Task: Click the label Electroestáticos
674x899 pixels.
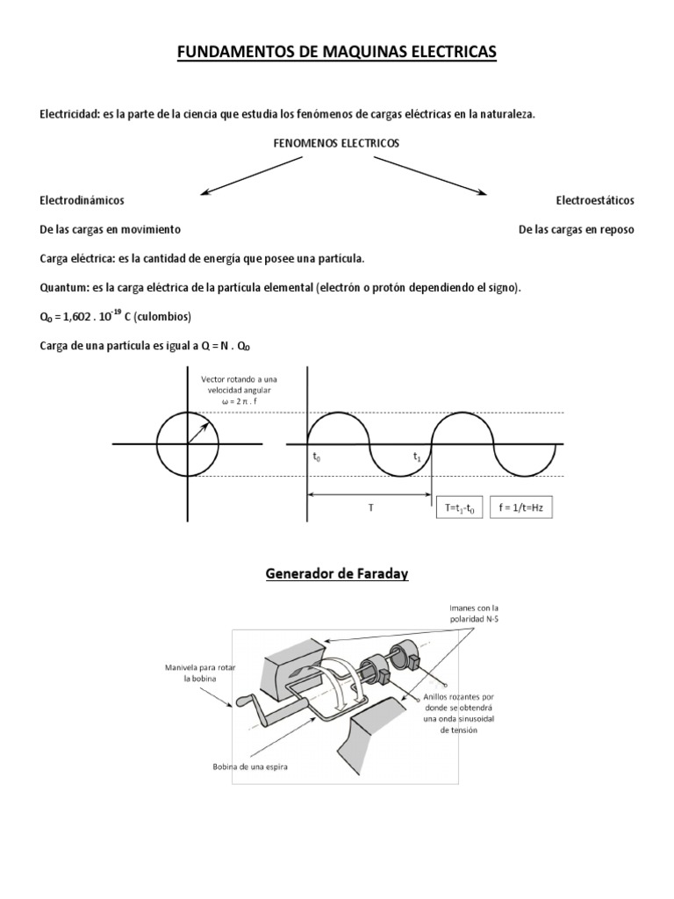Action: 594,200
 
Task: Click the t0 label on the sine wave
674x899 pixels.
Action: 317,457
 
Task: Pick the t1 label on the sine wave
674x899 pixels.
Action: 419,457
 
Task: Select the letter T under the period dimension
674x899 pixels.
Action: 369,507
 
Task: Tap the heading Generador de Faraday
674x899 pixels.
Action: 337,575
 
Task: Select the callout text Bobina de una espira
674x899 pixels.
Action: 250,766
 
